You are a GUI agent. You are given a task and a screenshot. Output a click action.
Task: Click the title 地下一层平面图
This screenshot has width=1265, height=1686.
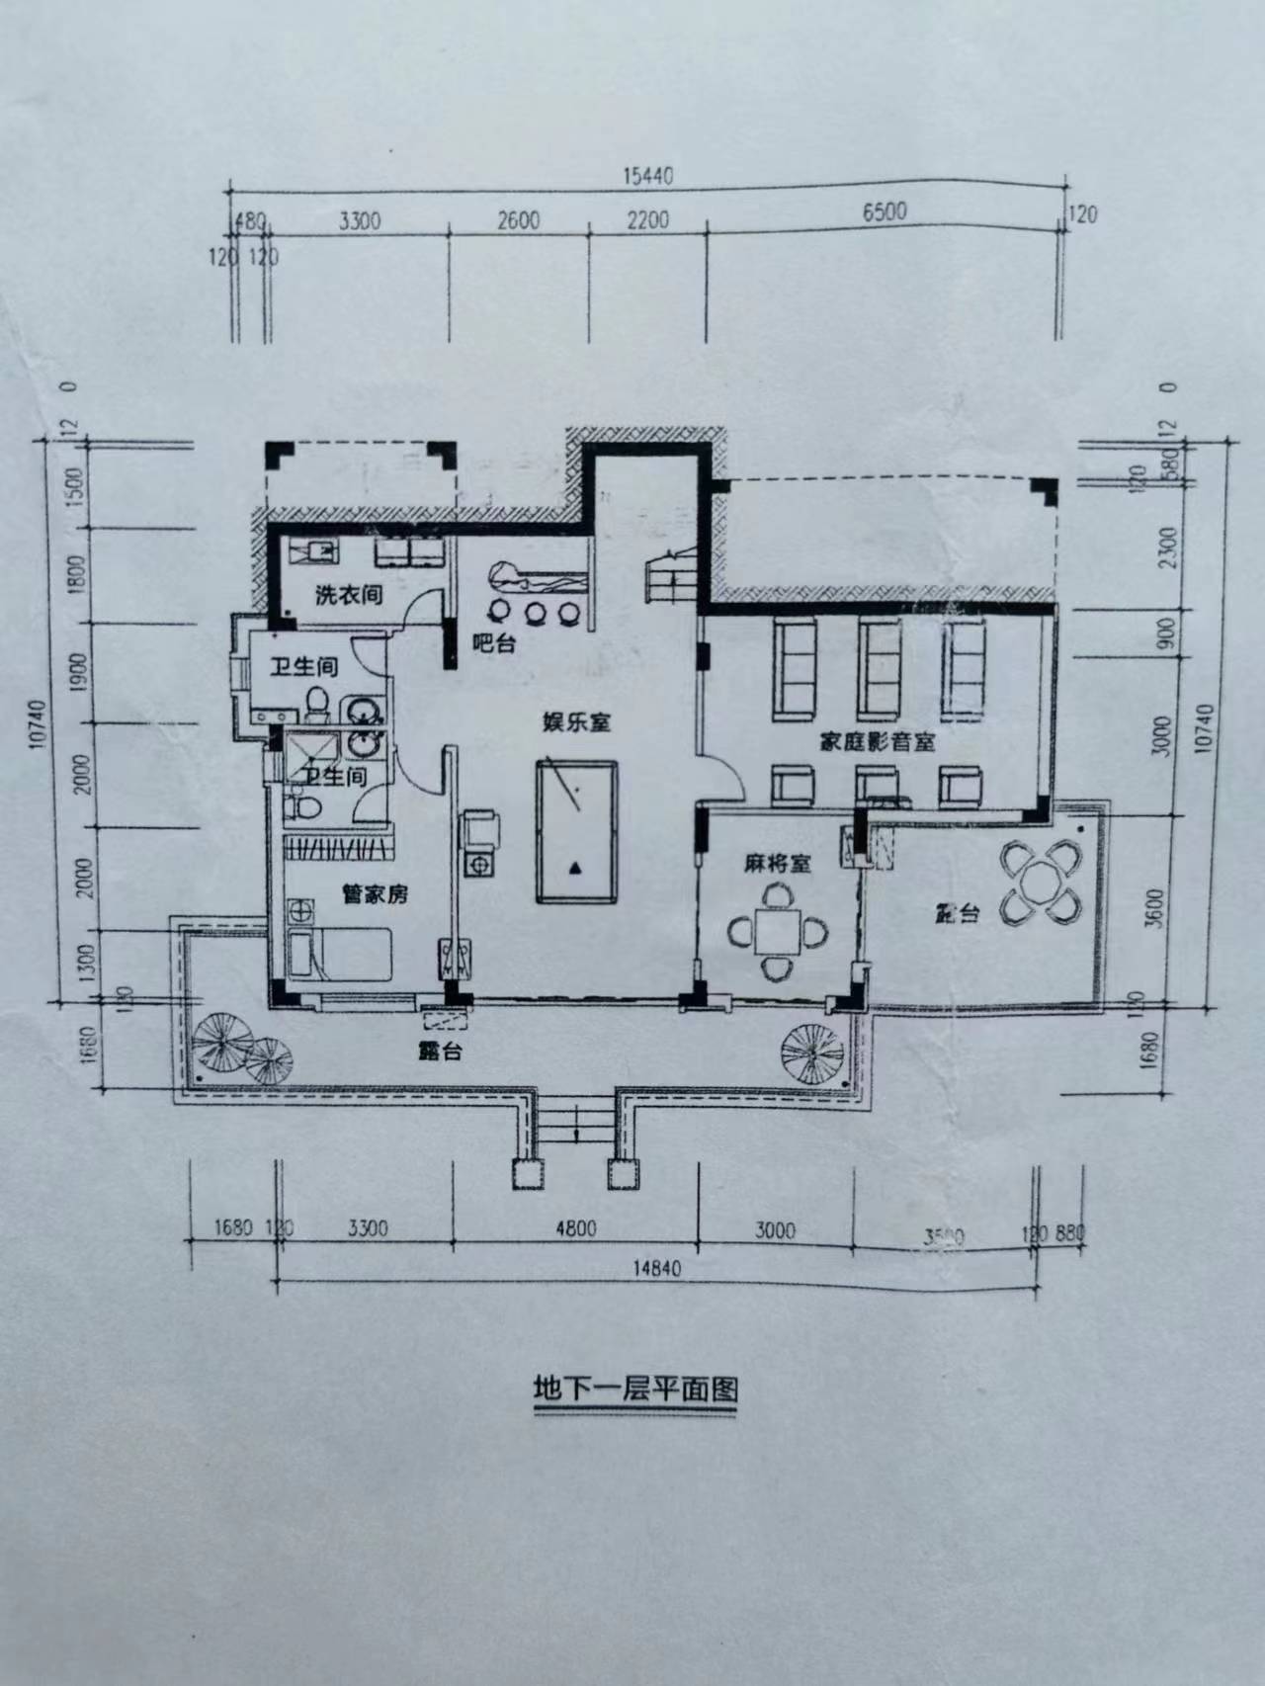pos(634,1388)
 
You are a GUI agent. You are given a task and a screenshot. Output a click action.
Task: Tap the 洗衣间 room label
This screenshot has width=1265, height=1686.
pos(348,595)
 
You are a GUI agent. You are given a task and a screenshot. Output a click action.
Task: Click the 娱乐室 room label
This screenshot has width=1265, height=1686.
pos(576,722)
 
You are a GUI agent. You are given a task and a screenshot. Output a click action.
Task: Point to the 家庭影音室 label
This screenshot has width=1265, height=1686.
pos(877,741)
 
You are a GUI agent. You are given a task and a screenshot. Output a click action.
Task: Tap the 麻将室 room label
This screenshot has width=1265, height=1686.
pos(777,863)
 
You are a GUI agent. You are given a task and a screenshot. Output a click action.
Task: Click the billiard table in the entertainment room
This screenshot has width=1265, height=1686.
pos(576,831)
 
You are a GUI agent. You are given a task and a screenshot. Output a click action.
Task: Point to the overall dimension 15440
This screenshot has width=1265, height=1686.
pos(647,176)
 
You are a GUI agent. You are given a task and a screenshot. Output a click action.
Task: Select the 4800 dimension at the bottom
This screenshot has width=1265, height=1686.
pos(575,1229)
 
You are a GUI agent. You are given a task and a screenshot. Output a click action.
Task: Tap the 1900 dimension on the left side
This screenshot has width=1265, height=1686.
pos(81,672)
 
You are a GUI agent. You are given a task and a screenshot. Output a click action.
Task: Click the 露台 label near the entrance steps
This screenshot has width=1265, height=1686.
pos(439,1052)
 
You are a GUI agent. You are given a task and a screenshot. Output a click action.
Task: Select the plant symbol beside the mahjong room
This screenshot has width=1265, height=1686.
pos(811,1052)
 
